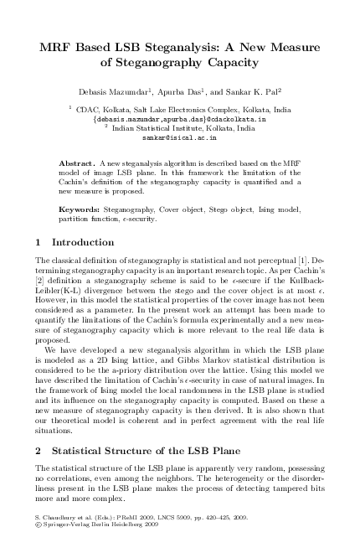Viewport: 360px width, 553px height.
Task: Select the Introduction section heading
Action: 76,243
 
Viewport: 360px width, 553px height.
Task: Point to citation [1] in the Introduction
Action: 313,263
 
